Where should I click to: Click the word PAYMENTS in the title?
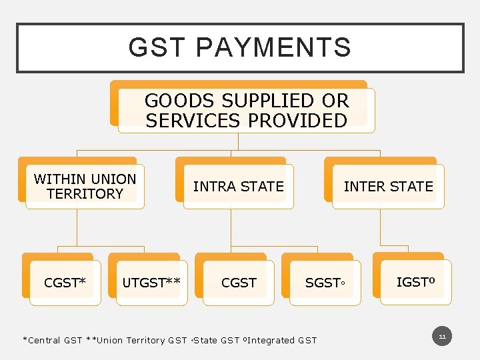click(274, 48)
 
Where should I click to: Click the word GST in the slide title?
click(157, 48)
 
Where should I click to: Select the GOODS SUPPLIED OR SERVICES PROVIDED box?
click(246, 111)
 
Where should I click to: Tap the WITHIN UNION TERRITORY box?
click(85, 187)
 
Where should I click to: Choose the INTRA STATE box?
click(238, 187)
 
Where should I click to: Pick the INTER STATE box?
click(388, 187)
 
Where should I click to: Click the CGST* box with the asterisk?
click(65, 283)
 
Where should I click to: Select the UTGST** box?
click(151, 283)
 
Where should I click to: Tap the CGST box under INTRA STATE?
click(238, 283)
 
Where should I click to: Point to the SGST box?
click(324, 283)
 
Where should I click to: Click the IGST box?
click(415, 282)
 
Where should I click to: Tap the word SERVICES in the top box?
click(194, 121)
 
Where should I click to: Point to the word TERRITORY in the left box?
click(85, 194)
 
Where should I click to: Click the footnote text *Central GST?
click(53, 340)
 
